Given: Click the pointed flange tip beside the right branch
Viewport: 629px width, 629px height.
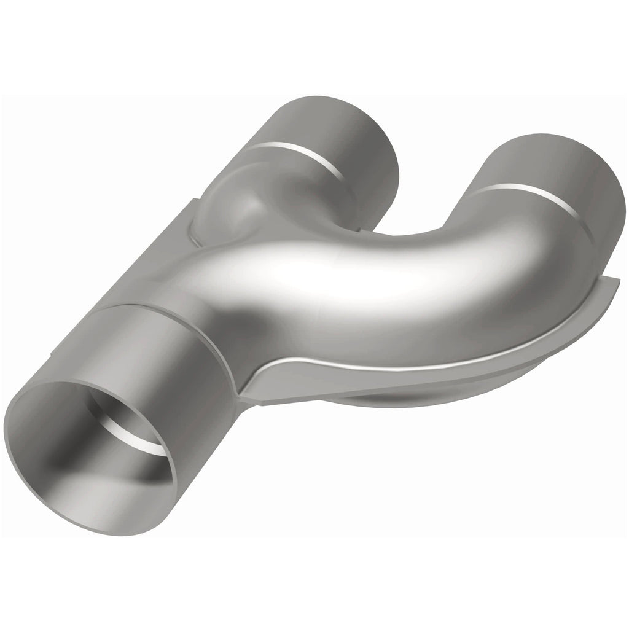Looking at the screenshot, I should coord(617,284).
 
